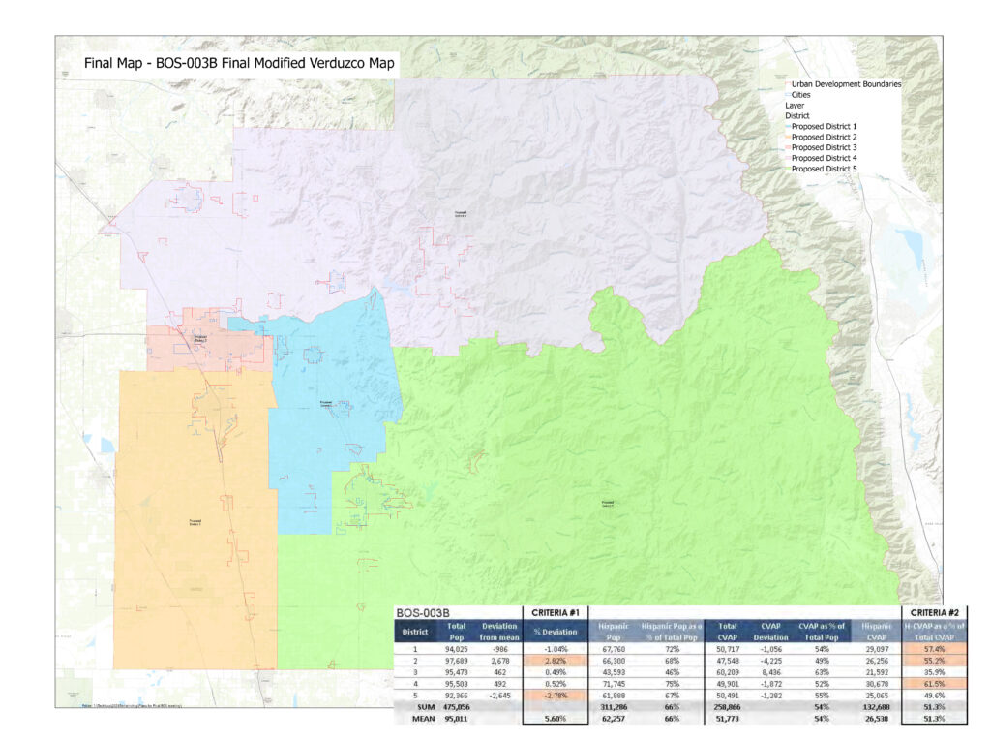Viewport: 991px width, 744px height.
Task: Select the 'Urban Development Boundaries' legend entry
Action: click(846, 84)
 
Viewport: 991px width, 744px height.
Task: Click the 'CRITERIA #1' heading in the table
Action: click(555, 612)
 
